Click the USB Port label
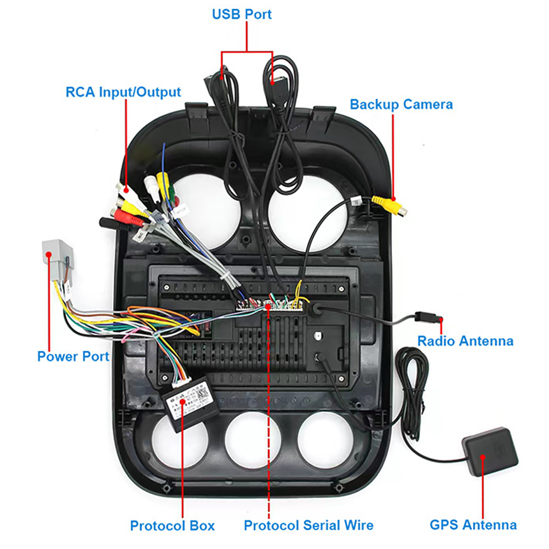click(242, 14)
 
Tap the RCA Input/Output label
click(123, 92)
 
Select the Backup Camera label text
click(401, 104)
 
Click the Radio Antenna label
click(465, 341)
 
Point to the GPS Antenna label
click(473, 525)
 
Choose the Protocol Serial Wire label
click(308, 525)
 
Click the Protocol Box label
click(172, 525)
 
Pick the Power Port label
click(73, 356)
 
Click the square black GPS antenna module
click(490, 451)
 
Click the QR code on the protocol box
click(202, 393)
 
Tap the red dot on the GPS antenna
click(482, 457)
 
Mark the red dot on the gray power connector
click(49, 254)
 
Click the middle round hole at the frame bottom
click(253, 440)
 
